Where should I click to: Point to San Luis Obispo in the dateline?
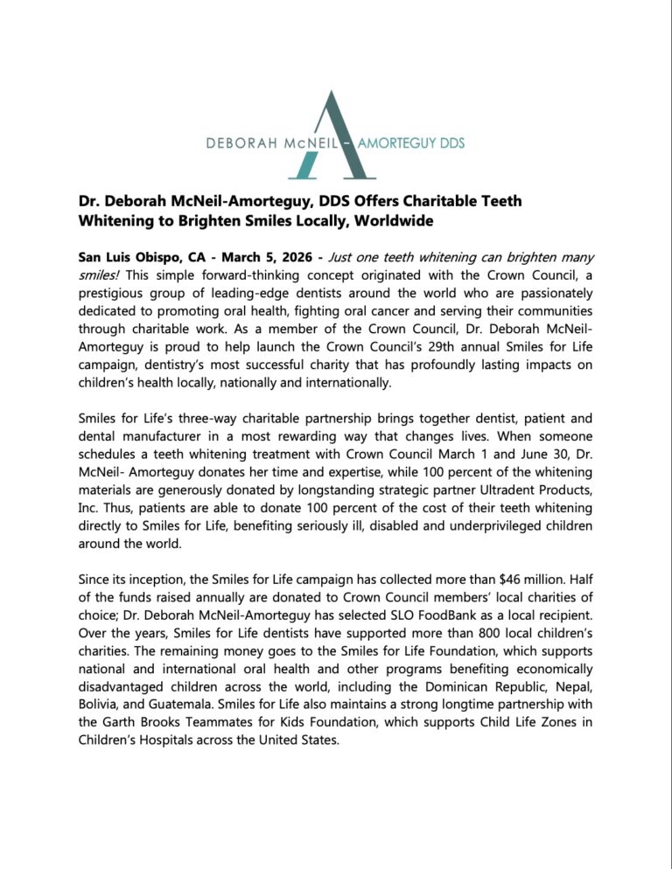click(134, 258)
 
